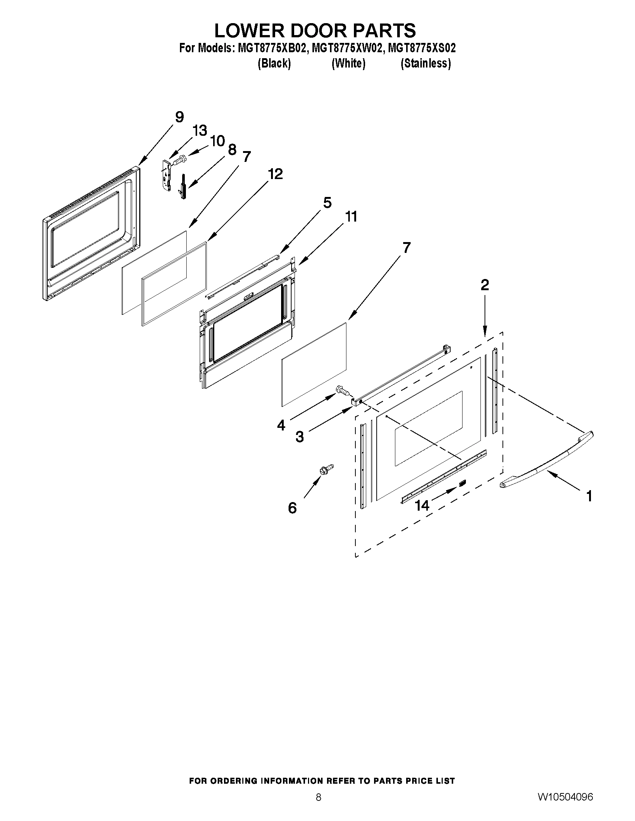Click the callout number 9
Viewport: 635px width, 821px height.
(x=180, y=117)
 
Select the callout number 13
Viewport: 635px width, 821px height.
(x=200, y=131)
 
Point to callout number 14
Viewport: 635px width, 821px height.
(x=422, y=505)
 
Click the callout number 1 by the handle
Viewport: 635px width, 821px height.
(x=589, y=496)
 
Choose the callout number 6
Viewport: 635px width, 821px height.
(x=292, y=508)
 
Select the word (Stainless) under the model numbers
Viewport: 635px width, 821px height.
(x=426, y=63)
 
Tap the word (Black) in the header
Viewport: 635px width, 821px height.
(x=274, y=63)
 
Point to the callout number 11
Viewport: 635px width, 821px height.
(x=351, y=217)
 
